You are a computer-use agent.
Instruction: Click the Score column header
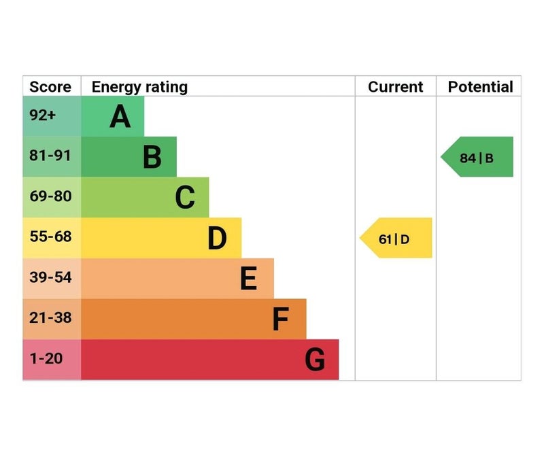(51, 87)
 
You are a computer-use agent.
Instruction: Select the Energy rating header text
(139, 87)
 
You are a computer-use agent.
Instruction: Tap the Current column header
(396, 87)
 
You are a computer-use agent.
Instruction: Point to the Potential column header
(480, 87)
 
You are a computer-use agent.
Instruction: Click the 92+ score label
(42, 116)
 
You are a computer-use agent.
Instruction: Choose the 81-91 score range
(50, 156)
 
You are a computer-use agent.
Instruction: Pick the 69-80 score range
(50, 196)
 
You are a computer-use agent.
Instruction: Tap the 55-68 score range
(50, 237)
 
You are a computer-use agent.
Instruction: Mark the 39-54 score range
(50, 277)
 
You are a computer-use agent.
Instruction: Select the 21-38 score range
(50, 318)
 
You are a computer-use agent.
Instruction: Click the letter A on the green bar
(120, 117)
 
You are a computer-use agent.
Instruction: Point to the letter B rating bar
(152, 157)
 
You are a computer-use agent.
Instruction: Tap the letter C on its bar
(184, 198)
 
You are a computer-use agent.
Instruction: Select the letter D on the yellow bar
(217, 239)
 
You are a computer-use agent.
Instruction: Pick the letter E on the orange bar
(249, 279)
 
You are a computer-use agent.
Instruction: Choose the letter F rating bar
(280, 319)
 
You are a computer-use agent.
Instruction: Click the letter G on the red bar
(314, 360)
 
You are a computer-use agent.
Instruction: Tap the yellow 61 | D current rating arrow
(396, 239)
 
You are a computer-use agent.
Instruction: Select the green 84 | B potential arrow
(477, 158)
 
